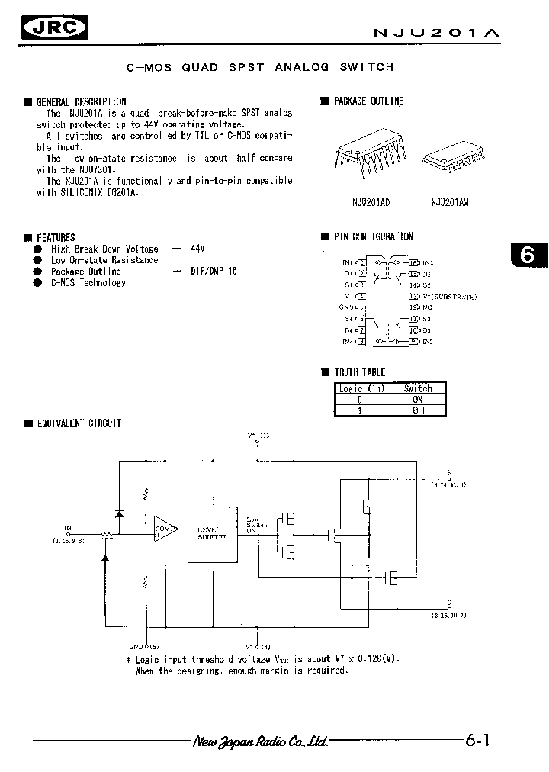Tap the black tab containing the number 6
coord(527,256)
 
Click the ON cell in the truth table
coord(417,399)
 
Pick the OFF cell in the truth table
coord(417,410)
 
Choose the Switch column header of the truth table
coord(417,388)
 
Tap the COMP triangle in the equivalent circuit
coord(163,528)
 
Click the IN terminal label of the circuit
coord(68,527)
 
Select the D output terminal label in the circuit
coord(449,602)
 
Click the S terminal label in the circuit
coord(448,473)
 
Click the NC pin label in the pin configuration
coord(427,307)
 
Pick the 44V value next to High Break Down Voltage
coord(197,249)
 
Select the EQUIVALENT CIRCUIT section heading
coord(79,423)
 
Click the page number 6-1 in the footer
coord(477,740)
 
